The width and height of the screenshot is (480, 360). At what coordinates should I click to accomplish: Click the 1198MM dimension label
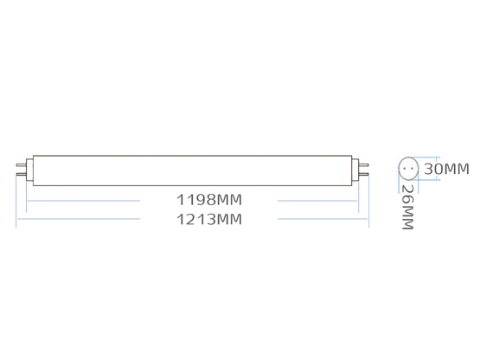[x=209, y=200]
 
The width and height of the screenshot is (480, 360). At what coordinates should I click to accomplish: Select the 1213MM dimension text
[x=209, y=219]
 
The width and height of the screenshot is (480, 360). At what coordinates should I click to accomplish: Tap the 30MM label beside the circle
[x=446, y=169]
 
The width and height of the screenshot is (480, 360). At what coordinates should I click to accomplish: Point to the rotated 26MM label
[x=407, y=207]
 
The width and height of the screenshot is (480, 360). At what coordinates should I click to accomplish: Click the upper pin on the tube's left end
[x=21, y=165]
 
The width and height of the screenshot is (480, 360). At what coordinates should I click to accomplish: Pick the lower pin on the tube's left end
[x=21, y=174]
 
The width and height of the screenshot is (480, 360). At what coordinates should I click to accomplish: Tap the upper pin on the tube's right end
[x=363, y=165]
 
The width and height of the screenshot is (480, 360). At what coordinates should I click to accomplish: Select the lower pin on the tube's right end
[x=363, y=174]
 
